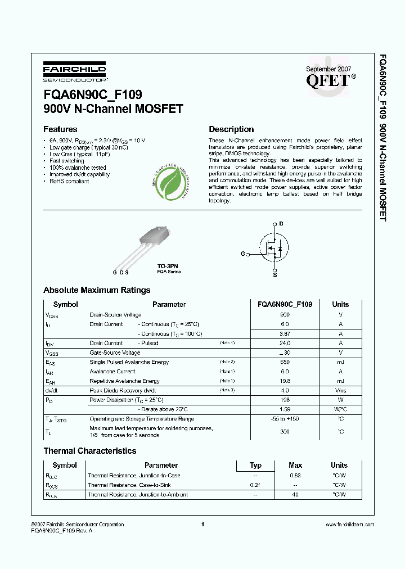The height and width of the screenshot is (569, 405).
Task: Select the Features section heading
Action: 60,129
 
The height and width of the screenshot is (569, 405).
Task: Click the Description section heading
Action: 231,129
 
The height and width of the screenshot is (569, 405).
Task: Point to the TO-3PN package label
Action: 169,266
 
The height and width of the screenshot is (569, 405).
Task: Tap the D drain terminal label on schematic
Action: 281,224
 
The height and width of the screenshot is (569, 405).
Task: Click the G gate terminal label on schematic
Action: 242,254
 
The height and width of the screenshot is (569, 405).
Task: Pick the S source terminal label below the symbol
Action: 274,275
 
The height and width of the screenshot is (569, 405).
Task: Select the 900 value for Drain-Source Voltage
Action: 285,315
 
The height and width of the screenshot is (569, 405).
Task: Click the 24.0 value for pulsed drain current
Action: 285,343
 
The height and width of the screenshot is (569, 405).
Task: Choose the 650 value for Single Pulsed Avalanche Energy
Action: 285,362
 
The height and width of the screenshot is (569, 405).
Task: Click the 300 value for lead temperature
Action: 285,431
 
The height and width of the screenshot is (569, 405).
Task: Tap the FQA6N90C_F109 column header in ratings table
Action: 285,304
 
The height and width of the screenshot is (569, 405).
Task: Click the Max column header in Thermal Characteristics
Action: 295,465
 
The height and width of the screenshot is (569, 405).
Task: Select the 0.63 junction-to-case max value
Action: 295,476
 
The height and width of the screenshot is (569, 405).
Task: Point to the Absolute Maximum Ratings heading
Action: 97,290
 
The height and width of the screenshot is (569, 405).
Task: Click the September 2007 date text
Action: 328,68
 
